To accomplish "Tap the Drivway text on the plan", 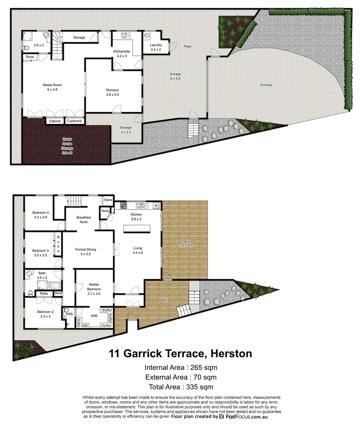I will click(266, 85).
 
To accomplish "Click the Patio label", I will click(188, 46).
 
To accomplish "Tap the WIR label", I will click(94, 316).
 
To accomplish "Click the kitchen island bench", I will click(137, 229).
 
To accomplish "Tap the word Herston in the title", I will click(231, 353).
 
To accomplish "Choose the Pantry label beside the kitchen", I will click(105, 211).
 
